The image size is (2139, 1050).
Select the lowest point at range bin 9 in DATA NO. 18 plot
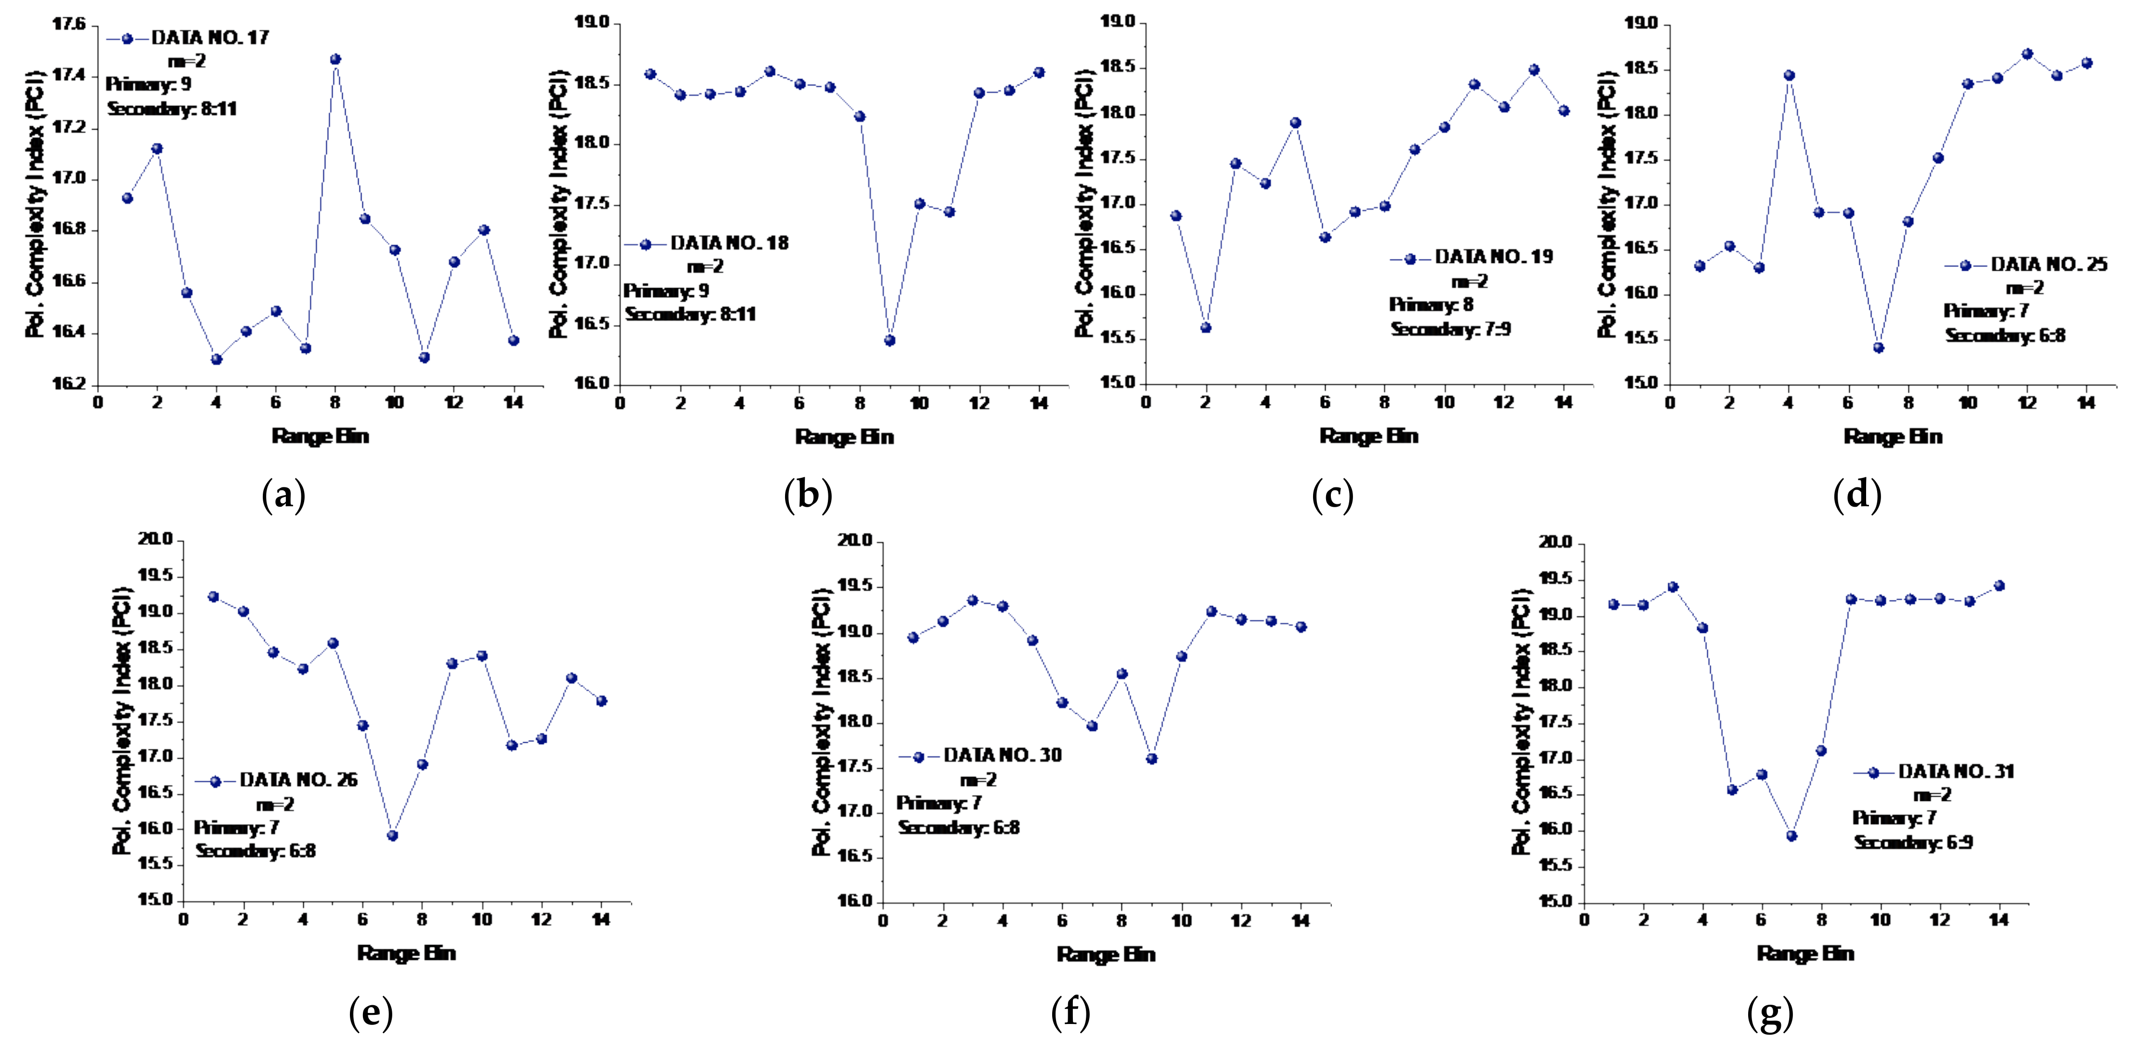(889, 341)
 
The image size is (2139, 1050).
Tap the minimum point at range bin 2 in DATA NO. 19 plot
(1206, 328)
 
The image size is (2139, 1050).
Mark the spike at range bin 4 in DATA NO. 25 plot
(1790, 76)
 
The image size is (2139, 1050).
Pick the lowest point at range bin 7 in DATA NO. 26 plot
(393, 836)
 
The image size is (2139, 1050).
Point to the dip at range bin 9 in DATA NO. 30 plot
(1152, 759)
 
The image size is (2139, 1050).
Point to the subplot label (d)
(1856, 497)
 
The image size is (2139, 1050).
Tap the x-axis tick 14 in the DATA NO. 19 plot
(1563, 403)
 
